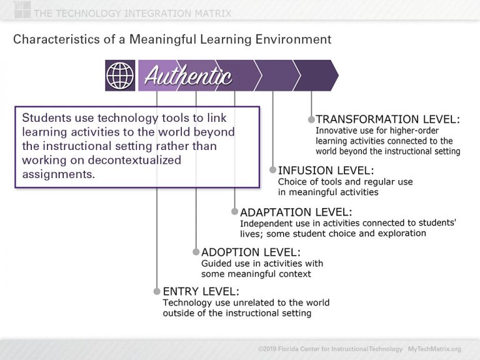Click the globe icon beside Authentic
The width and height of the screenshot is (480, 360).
click(x=121, y=76)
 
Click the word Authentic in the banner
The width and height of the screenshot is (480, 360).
click(x=188, y=76)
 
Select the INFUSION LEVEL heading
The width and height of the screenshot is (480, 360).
click(x=326, y=170)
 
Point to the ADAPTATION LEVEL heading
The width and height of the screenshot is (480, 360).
click(x=296, y=212)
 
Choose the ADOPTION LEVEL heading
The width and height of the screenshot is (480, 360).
click(x=251, y=252)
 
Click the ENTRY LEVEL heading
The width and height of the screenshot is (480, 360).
click(x=201, y=291)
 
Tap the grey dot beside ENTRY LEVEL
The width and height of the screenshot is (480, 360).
click(x=157, y=291)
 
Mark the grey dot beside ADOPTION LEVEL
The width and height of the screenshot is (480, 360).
click(x=196, y=252)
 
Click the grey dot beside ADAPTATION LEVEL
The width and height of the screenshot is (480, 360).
click(x=234, y=212)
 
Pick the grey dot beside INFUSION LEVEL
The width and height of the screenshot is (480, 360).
click(x=272, y=170)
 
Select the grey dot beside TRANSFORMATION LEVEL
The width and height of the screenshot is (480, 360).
click(x=311, y=119)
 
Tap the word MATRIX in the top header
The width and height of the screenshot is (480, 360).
click(x=210, y=13)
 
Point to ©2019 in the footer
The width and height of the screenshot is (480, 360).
click(x=267, y=349)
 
